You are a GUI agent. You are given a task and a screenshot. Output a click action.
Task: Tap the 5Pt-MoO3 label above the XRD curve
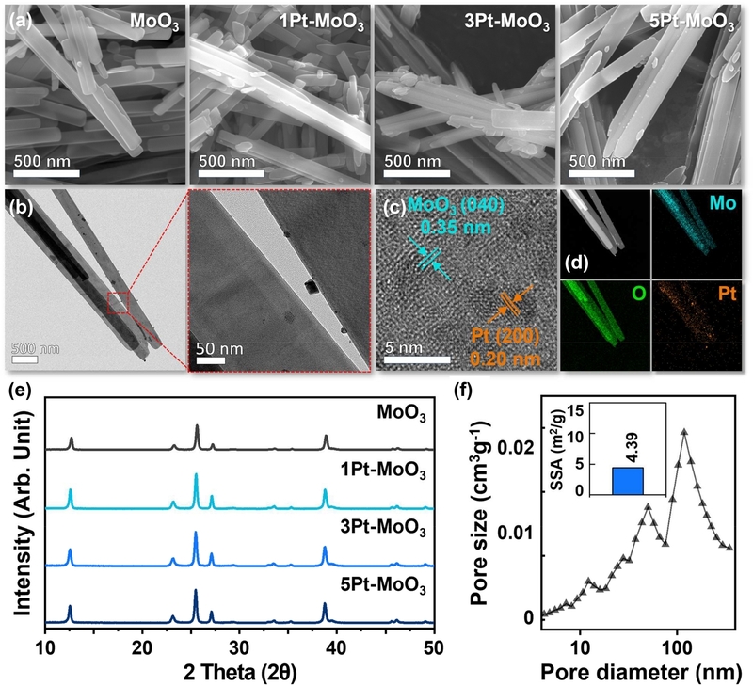(383, 586)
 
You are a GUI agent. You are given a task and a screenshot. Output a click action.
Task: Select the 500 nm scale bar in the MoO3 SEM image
(46, 173)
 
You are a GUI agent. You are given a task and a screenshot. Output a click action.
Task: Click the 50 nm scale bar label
(219, 348)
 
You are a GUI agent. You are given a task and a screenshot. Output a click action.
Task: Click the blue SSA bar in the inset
(628, 481)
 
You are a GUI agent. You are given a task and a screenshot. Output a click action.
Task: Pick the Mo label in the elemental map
(722, 203)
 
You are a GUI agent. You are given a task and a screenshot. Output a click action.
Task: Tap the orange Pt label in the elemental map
(727, 294)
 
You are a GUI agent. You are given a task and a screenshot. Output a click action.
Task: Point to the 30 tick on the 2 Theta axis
(239, 647)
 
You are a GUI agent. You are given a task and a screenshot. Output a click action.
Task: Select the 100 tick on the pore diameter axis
(677, 647)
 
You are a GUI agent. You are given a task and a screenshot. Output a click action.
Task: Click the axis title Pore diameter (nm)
(641, 672)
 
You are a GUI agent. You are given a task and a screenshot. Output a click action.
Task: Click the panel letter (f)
(463, 391)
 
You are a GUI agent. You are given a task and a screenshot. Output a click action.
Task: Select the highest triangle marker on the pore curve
(684, 432)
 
